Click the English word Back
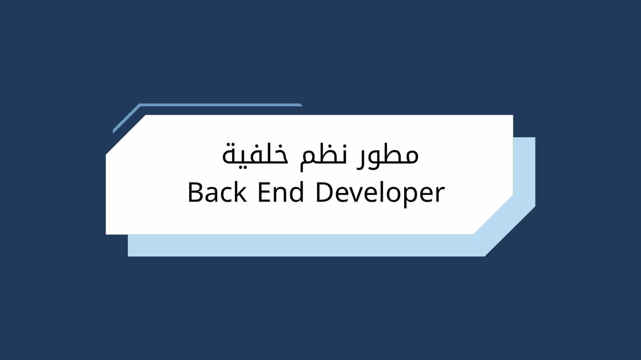(217, 193)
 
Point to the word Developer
(380, 193)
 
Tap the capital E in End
(264, 193)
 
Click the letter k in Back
(240, 193)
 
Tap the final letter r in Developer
(440, 195)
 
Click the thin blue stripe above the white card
(220, 105)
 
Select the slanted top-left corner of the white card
(126, 135)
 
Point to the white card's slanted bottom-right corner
(493, 214)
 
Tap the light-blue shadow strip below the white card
(303, 245)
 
